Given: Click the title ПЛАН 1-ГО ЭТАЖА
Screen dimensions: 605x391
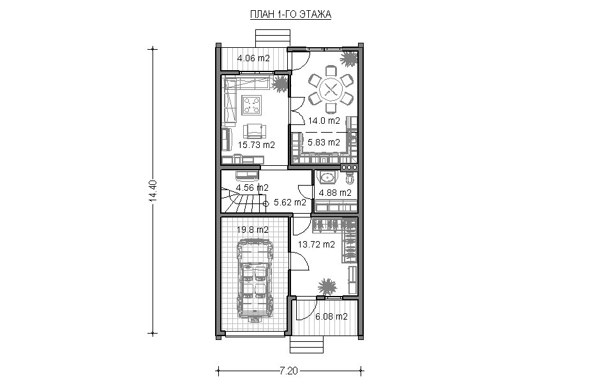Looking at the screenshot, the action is (290, 15).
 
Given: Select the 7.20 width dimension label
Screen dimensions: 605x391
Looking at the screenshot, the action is (288, 371).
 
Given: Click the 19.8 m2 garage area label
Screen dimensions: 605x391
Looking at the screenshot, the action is (253, 230).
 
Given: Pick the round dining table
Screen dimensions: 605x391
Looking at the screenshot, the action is (330, 90).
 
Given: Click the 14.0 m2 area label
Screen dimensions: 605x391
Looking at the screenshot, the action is (324, 121).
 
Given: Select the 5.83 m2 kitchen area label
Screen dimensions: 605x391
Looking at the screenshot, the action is (324, 142).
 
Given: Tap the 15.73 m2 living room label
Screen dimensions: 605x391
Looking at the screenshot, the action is (256, 145).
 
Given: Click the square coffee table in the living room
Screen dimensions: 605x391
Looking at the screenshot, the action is (252, 105).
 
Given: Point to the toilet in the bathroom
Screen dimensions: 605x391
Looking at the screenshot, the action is (350, 178).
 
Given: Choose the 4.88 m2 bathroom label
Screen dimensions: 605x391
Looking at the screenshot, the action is (335, 193).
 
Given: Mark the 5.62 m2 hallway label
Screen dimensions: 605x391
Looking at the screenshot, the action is (290, 202).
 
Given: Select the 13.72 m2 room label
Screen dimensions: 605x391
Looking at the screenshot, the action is (317, 244).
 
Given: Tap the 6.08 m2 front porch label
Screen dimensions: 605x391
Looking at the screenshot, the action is (331, 316).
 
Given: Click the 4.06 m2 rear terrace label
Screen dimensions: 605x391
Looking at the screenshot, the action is (253, 59).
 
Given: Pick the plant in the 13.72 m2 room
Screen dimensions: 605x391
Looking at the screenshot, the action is (327, 287).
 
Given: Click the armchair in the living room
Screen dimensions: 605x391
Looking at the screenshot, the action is (254, 131).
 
